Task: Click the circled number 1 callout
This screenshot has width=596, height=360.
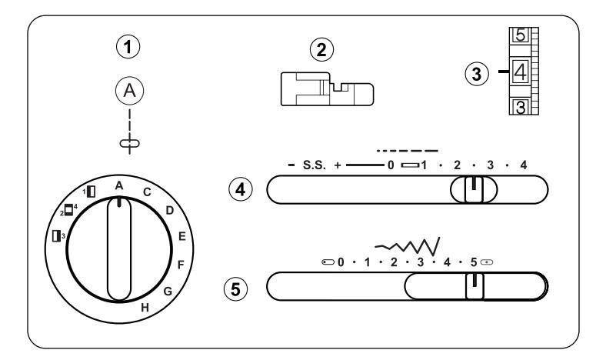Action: coord(128,47)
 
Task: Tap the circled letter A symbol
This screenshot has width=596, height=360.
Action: coord(130,91)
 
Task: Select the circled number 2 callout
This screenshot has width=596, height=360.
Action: coord(321,50)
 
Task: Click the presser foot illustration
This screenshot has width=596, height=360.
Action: coord(328,89)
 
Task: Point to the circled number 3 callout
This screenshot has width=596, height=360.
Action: coord(477,74)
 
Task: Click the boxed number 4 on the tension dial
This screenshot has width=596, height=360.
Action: coord(520,71)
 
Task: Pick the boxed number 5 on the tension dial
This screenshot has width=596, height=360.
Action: coord(520,35)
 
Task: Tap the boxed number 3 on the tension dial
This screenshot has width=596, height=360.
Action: coord(520,107)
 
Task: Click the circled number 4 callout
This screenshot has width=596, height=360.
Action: coord(240,189)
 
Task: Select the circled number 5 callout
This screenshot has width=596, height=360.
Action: coord(235,289)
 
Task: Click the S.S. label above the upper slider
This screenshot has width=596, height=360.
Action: coord(314,165)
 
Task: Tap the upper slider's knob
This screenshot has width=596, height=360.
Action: coord(474,189)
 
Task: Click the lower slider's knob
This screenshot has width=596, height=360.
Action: coord(474,286)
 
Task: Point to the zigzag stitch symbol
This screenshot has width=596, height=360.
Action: coord(408,246)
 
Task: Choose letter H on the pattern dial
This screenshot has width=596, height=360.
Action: coord(145,308)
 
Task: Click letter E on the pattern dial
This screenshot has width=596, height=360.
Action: coord(182,236)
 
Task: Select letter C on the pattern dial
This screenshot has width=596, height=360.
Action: coord(147,192)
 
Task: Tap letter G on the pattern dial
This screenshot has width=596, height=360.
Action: coord(168,292)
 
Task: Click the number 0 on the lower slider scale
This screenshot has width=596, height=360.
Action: coord(341,262)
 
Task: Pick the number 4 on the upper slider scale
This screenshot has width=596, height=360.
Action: coord(524,165)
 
